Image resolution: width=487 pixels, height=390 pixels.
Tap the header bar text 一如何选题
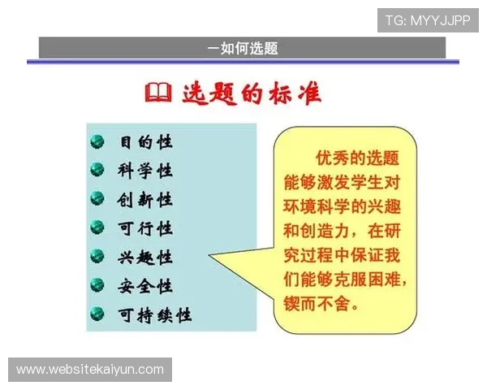click(x=243, y=48)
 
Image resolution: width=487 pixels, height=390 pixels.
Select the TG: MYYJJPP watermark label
click(x=428, y=19)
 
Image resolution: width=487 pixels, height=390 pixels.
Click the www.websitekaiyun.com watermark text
click(x=90, y=370)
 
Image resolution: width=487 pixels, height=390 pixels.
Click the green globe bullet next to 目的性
click(x=97, y=142)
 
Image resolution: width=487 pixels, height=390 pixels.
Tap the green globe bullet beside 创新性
click(x=97, y=200)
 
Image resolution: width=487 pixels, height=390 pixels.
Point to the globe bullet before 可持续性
click(x=97, y=314)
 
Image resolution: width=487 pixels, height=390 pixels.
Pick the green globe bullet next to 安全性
click(x=97, y=286)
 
